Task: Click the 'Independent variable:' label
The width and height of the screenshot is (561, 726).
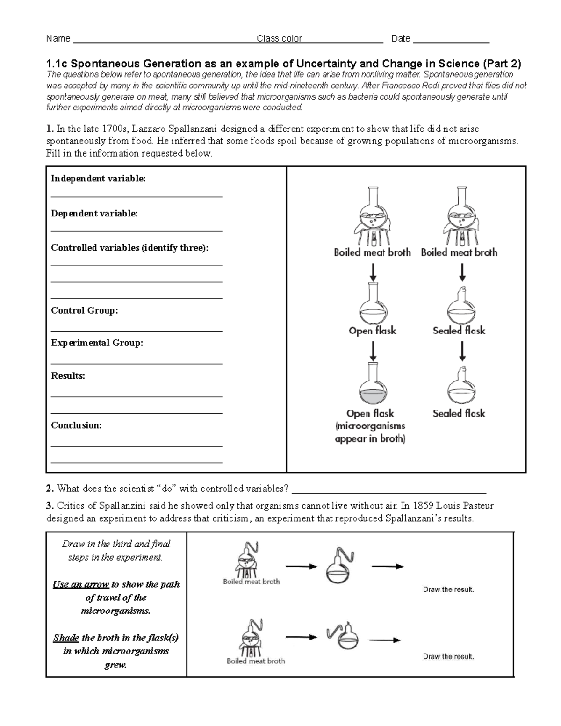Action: click(x=98, y=179)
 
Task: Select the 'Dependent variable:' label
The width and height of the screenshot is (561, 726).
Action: click(x=94, y=213)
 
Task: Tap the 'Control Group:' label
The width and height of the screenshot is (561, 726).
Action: click(x=85, y=310)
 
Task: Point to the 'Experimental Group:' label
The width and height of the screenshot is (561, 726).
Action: click(x=97, y=343)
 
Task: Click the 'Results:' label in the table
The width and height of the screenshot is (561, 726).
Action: click(x=68, y=376)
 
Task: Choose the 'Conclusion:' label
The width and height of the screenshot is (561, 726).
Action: click(x=76, y=425)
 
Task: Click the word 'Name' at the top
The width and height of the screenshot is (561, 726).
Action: click(x=58, y=38)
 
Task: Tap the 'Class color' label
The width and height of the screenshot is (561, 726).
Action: click(x=279, y=38)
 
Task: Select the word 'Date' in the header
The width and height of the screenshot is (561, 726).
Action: click(x=401, y=38)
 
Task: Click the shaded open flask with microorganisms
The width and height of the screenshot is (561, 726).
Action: click(x=373, y=388)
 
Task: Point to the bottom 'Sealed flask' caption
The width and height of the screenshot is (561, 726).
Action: click(x=459, y=413)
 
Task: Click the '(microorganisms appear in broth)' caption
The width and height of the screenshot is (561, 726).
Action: click(x=370, y=432)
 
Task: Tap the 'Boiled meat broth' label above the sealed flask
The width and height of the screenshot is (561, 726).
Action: click(x=459, y=252)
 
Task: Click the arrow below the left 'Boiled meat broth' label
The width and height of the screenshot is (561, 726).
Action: click(x=373, y=272)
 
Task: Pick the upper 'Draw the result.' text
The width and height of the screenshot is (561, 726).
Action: click(x=448, y=589)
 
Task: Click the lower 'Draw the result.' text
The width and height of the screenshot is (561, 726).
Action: click(x=448, y=656)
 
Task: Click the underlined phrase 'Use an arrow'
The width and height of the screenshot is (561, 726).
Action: click(x=81, y=584)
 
